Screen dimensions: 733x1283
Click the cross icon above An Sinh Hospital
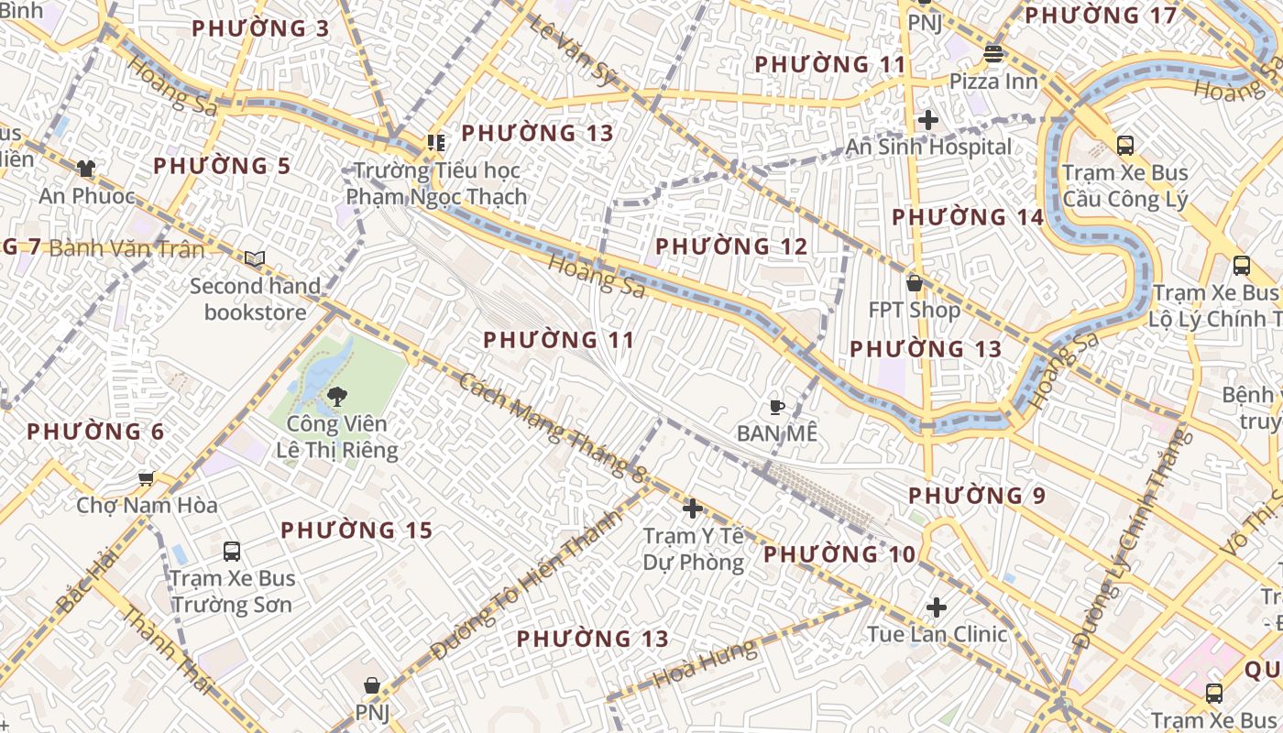click(x=928, y=119)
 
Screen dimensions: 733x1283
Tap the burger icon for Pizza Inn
click(x=993, y=54)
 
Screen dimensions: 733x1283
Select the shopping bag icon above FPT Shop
click(x=914, y=283)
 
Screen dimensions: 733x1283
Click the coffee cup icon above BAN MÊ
click(x=776, y=406)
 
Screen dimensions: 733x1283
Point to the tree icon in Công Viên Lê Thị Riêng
click(x=336, y=397)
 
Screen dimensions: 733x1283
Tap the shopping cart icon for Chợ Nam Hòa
click(x=146, y=478)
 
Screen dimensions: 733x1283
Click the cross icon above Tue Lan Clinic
click(x=937, y=607)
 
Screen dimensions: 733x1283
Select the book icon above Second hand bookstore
click(x=255, y=259)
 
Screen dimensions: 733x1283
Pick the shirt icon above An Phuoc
click(x=86, y=169)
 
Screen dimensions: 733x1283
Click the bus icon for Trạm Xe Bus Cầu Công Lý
click(x=1124, y=145)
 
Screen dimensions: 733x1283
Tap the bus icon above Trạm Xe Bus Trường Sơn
click(x=232, y=551)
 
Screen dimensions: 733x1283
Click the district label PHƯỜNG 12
click(x=731, y=246)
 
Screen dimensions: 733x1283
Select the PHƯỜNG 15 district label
click(x=356, y=531)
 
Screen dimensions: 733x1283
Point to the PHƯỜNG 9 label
click(x=976, y=496)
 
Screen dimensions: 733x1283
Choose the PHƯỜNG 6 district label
click(x=95, y=432)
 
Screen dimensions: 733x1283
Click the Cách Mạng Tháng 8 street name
click(x=553, y=427)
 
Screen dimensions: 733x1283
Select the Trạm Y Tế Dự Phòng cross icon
click(x=693, y=508)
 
